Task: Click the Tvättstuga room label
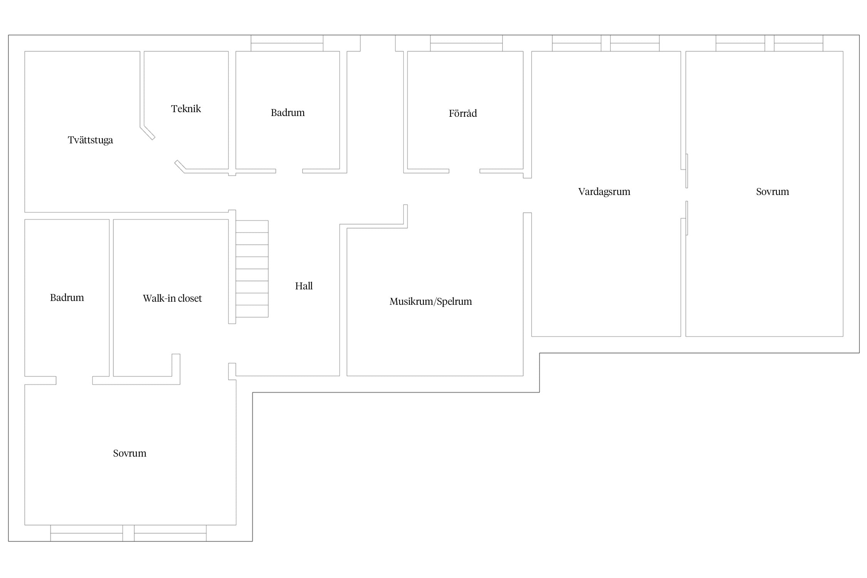point(91,140)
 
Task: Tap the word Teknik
point(186,109)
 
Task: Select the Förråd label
point(463,113)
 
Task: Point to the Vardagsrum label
point(604,192)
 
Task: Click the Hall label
point(304,286)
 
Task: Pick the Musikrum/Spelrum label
point(431,301)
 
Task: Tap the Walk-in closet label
point(172,298)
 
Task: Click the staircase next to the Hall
point(252,269)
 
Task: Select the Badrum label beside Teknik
point(288,113)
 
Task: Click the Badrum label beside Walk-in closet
point(67,297)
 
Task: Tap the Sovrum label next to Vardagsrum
point(773,192)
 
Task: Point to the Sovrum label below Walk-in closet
point(129,453)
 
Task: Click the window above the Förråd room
point(466,43)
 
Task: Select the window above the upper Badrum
point(287,43)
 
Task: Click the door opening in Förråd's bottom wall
point(464,171)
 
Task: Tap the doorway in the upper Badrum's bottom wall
point(289,171)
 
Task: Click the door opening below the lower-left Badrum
point(74,380)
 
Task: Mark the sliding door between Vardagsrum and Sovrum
point(687,195)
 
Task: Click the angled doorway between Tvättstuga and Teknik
point(165,150)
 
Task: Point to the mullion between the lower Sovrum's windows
point(128,533)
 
